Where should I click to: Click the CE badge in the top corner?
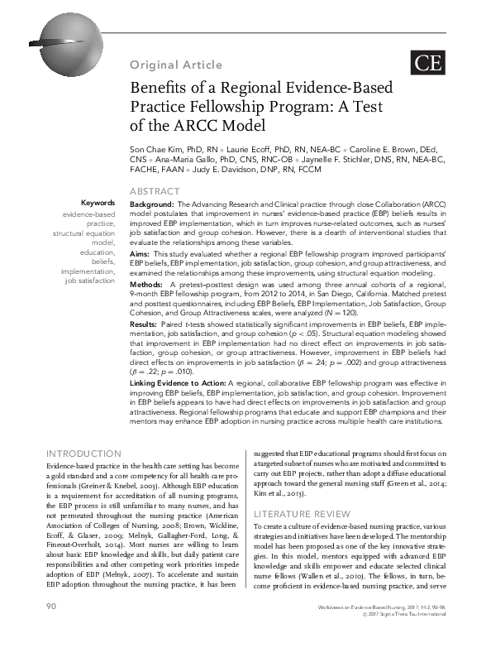click(426, 63)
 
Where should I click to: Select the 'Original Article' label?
click(175, 65)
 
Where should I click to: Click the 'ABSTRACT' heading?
click(155, 192)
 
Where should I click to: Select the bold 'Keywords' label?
click(98, 204)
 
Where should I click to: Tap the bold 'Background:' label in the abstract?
click(151, 204)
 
